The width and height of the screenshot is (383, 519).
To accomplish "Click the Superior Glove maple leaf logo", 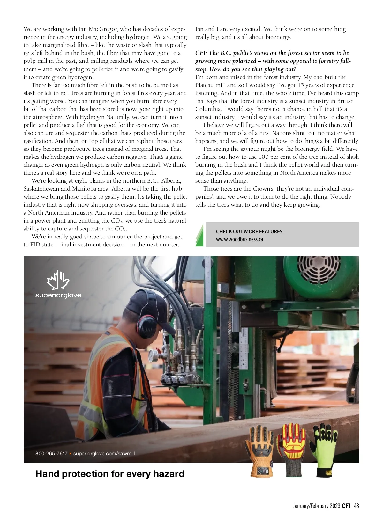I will pyautogui.click(x=58, y=280).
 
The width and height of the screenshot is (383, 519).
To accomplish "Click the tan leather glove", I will pyautogui.click(x=259, y=452).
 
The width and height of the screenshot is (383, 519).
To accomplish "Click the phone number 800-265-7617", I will pyautogui.click(x=51, y=453).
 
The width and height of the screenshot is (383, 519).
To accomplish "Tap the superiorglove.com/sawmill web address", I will pyautogui.click(x=104, y=453).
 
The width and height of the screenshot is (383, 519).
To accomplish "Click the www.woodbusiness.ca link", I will pyautogui.click(x=239, y=239).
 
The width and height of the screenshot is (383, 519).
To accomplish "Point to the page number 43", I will pyautogui.click(x=357, y=506).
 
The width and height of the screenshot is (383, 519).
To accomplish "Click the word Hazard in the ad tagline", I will pyautogui.click(x=169, y=474).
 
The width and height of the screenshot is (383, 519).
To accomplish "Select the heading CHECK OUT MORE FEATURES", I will pyautogui.click(x=250, y=231).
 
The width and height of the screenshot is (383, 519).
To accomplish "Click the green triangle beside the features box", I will pyautogui.click(x=200, y=236).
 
